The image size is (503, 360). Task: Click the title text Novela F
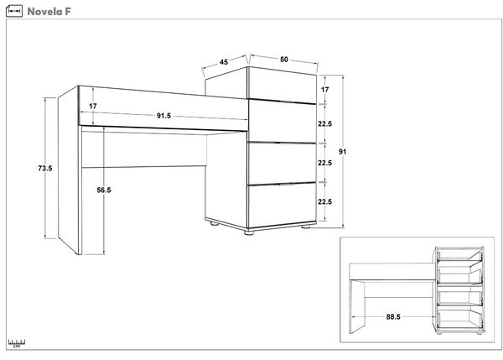click(x=49, y=12)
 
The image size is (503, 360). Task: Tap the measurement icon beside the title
click(x=14, y=11)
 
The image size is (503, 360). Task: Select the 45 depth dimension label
click(x=224, y=62)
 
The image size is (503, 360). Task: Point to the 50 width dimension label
click(x=284, y=60)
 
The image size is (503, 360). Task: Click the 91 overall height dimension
click(x=343, y=152)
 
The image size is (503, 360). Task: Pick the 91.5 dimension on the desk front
click(x=163, y=116)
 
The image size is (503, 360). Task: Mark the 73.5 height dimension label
click(x=45, y=168)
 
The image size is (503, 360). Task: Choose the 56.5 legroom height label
click(x=104, y=190)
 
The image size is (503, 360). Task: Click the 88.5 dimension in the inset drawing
click(x=393, y=317)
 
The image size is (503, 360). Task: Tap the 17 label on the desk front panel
click(x=93, y=106)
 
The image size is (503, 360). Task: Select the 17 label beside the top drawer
click(x=324, y=90)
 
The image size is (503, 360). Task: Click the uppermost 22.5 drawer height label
click(x=324, y=123)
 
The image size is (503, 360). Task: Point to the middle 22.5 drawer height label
click(x=324, y=163)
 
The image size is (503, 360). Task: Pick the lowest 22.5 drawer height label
click(x=324, y=201)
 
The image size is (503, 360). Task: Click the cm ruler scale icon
click(x=17, y=343)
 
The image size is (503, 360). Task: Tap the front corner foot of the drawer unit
click(x=249, y=232)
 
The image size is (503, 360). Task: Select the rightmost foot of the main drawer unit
click(x=306, y=227)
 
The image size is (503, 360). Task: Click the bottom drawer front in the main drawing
click(x=282, y=205)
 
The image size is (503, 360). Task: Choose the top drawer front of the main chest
click(x=282, y=85)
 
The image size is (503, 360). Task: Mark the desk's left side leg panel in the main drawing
click(x=68, y=170)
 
